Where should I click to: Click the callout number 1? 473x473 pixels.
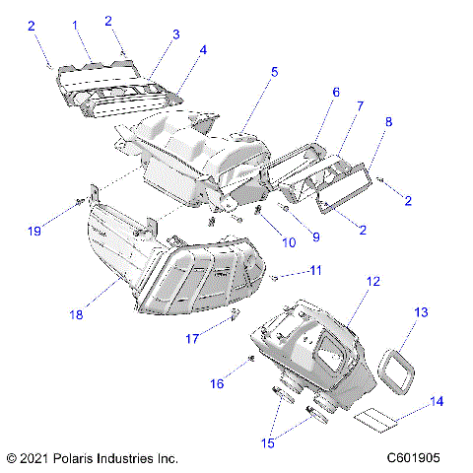pyautogui.click(x=75, y=23)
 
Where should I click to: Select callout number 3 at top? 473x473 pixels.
pyautogui.click(x=175, y=34)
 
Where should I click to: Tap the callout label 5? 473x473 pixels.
pyautogui.click(x=274, y=72)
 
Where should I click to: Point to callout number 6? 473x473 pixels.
pyautogui.click(x=335, y=92)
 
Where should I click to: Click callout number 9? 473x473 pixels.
pyautogui.click(x=316, y=236)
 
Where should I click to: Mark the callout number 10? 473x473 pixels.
pyautogui.click(x=261, y=242)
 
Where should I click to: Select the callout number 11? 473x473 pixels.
pyautogui.click(x=316, y=269)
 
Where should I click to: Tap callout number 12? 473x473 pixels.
pyautogui.click(x=372, y=282)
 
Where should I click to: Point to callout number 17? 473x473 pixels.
pyautogui.click(x=193, y=337)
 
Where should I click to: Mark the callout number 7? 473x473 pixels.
pyautogui.click(x=360, y=105)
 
